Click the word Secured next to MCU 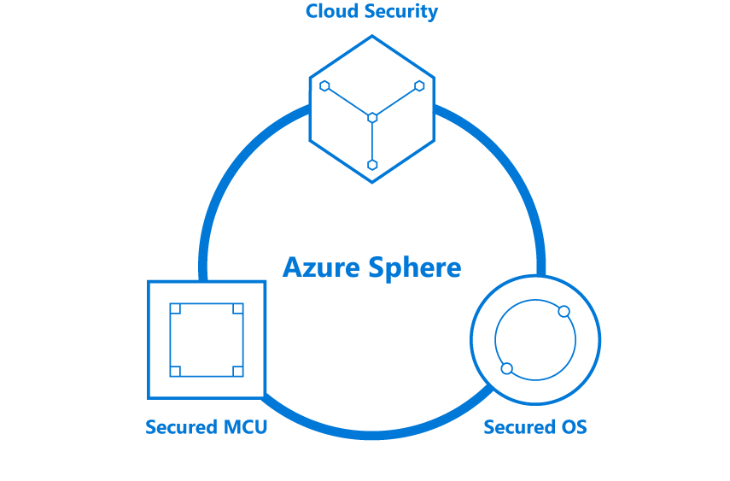click(182, 426)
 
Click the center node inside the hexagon click(372, 117)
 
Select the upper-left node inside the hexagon click(324, 85)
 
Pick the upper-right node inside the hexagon click(419, 85)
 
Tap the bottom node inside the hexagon click(372, 164)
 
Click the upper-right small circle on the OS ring click(564, 311)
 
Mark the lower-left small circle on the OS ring click(506, 368)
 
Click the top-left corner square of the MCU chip click(175, 308)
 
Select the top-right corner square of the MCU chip click(238, 308)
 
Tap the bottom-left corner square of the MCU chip click(175, 371)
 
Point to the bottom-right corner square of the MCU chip click(238, 371)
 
